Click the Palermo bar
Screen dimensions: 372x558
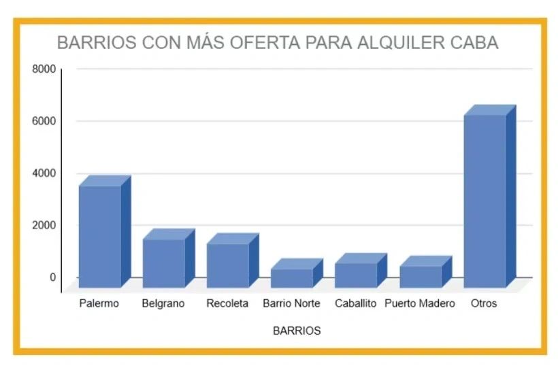click(100, 235)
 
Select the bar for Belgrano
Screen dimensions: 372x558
click(164, 262)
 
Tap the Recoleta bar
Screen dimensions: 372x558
click(228, 264)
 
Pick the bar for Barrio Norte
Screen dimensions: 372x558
click(292, 277)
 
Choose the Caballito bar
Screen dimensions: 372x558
click(356, 274)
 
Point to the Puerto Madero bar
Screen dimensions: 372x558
click(420, 275)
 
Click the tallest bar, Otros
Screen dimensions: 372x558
click(485, 201)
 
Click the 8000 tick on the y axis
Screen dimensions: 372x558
click(44, 69)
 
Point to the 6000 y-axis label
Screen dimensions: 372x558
click(44, 121)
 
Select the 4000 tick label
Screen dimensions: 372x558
click(44, 173)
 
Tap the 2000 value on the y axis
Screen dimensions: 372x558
click(44, 225)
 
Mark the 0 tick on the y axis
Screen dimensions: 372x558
click(52, 277)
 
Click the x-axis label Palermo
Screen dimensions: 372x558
click(99, 303)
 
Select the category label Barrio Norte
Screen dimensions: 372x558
click(291, 303)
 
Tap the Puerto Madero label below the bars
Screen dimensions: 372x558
click(419, 303)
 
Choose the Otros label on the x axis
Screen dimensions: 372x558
click(484, 303)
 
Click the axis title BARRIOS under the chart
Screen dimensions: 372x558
click(297, 331)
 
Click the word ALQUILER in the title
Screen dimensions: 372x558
click(393, 43)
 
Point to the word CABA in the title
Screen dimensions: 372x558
click(475, 43)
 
